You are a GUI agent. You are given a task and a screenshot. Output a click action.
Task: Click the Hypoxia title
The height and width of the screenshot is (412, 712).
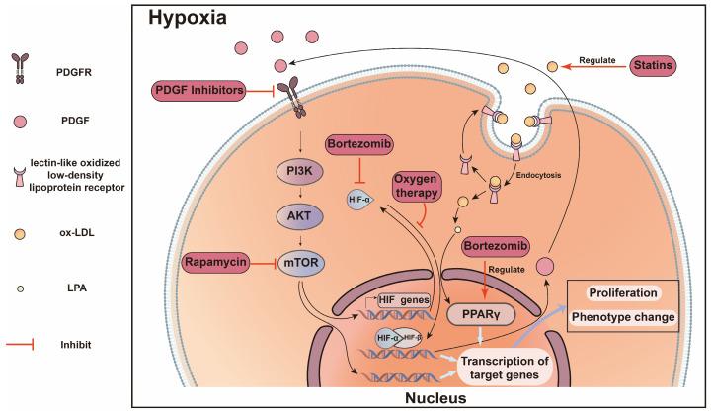(189, 18)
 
